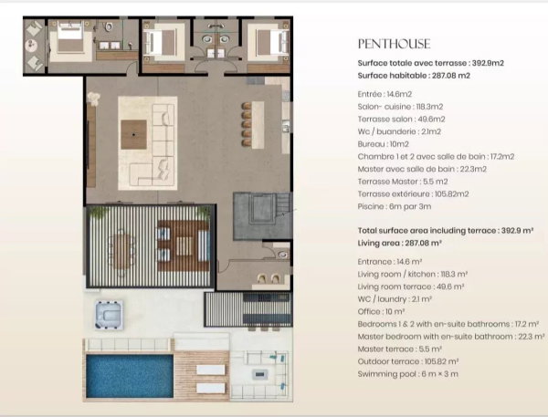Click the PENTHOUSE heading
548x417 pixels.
point(394,44)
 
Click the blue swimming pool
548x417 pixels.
point(130,376)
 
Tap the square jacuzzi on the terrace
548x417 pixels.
point(109,315)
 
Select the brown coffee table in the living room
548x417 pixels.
point(134,134)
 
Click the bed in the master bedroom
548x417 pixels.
point(70,36)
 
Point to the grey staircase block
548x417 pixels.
point(262,216)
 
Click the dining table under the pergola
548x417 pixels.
point(121,251)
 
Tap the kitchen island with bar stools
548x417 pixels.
point(258,124)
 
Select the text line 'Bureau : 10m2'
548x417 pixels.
point(383,144)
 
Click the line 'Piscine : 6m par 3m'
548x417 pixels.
point(395,206)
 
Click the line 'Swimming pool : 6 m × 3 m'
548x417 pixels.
point(408,374)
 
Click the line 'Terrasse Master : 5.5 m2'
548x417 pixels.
point(403,182)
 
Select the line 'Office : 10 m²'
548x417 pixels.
point(381,311)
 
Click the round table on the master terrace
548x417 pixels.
point(32,45)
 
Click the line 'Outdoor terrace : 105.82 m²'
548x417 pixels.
point(408,361)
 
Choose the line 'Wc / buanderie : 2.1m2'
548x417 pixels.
point(399,131)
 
